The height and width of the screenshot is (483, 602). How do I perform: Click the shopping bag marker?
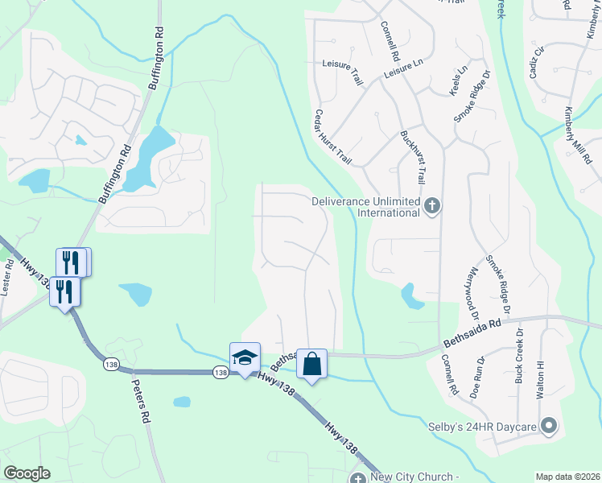click(311, 364)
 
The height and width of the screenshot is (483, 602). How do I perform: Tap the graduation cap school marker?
click(245, 357)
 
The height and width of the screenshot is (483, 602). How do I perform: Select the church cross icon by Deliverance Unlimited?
click(432, 206)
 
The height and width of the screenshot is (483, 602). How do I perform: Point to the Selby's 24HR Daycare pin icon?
click(549, 425)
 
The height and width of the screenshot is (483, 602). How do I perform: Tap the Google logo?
click(27, 473)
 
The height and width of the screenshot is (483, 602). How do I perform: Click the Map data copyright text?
click(567, 477)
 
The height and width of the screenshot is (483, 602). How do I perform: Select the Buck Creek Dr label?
click(519, 355)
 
